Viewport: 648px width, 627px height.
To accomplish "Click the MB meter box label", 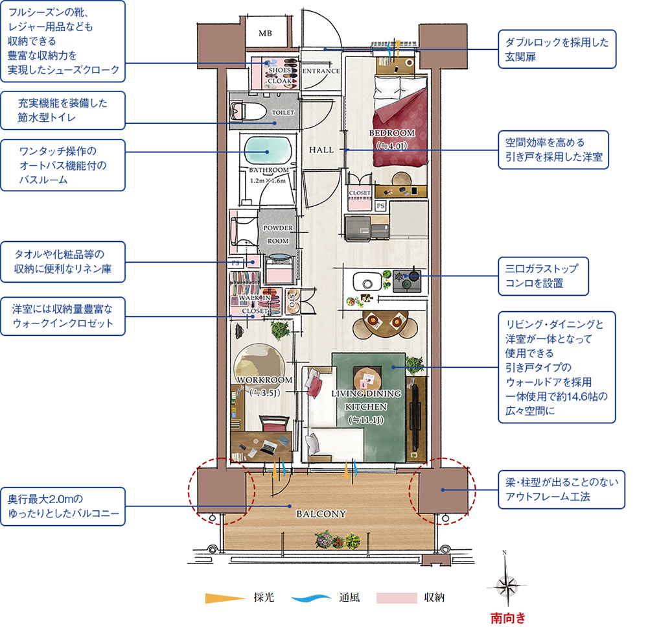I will click(265, 33).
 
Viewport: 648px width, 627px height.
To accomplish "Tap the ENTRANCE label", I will click(321, 71).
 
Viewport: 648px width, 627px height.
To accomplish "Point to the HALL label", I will click(321, 150).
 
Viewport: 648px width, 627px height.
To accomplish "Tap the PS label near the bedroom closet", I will click(381, 206).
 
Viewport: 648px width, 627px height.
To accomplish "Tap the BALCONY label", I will click(321, 514).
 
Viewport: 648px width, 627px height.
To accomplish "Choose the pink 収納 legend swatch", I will click(396, 598).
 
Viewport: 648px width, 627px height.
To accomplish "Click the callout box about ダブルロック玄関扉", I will click(557, 49).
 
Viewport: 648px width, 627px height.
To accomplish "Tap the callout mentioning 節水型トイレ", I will click(62, 110).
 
